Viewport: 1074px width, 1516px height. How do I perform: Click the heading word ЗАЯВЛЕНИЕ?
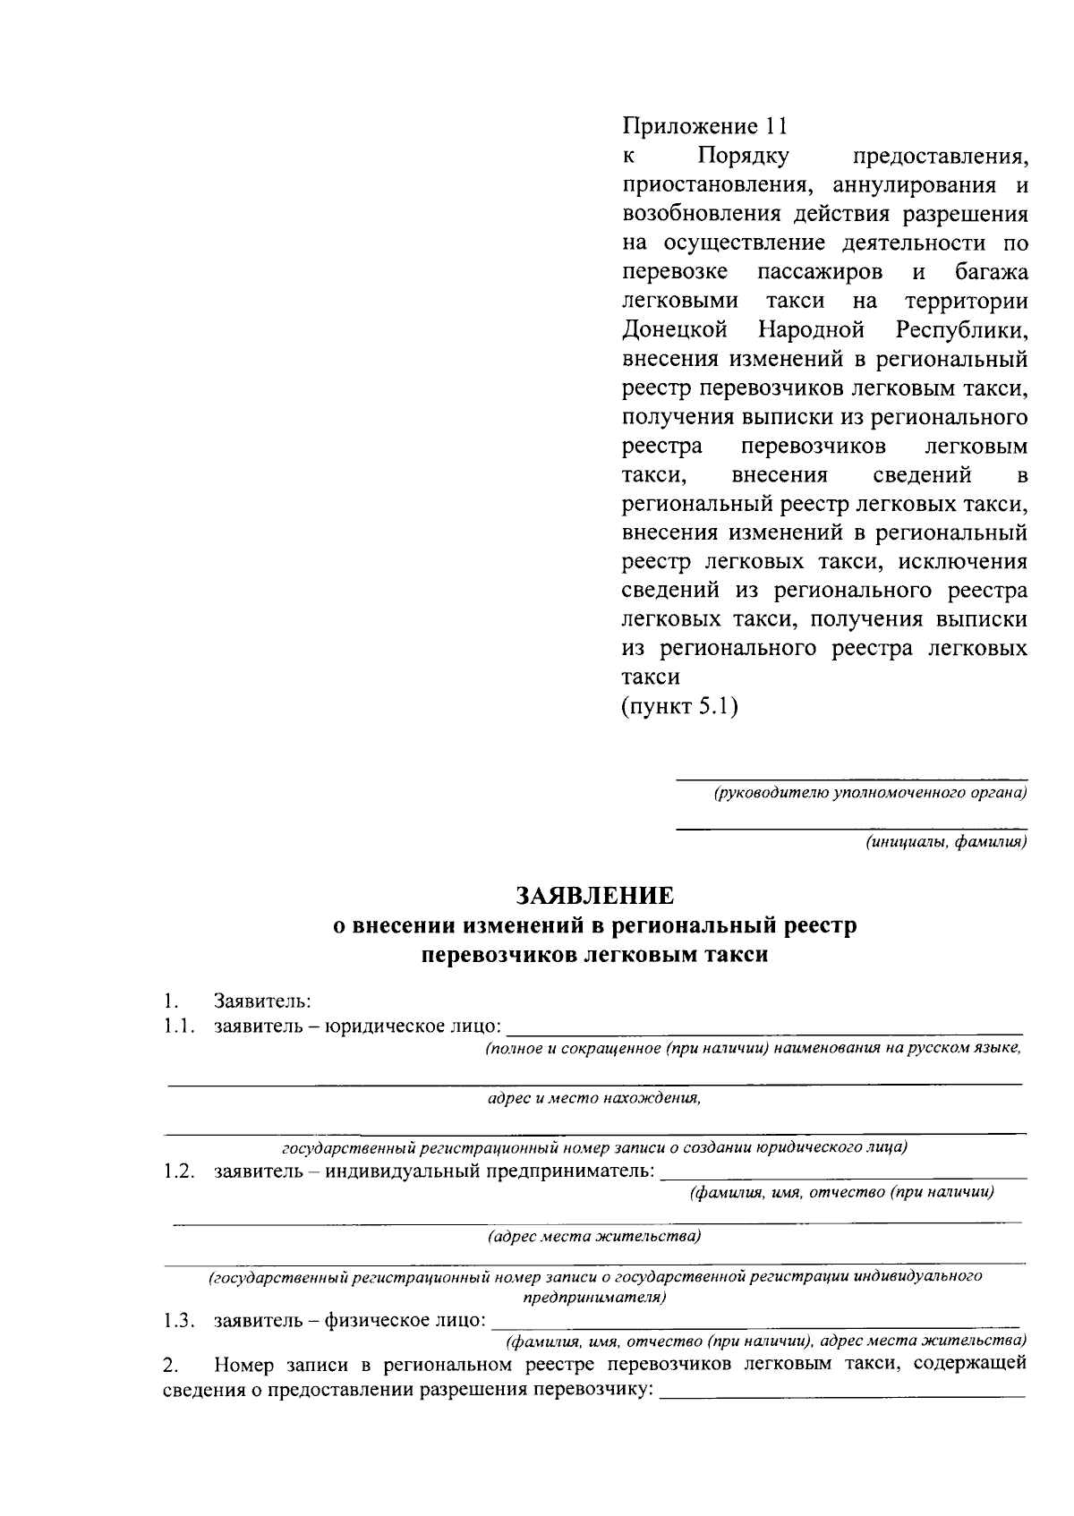coord(594,896)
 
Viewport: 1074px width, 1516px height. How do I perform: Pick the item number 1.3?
coord(179,1320)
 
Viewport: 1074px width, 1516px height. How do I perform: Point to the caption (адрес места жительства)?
coord(594,1237)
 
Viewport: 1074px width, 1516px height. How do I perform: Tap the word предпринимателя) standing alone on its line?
coord(594,1296)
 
